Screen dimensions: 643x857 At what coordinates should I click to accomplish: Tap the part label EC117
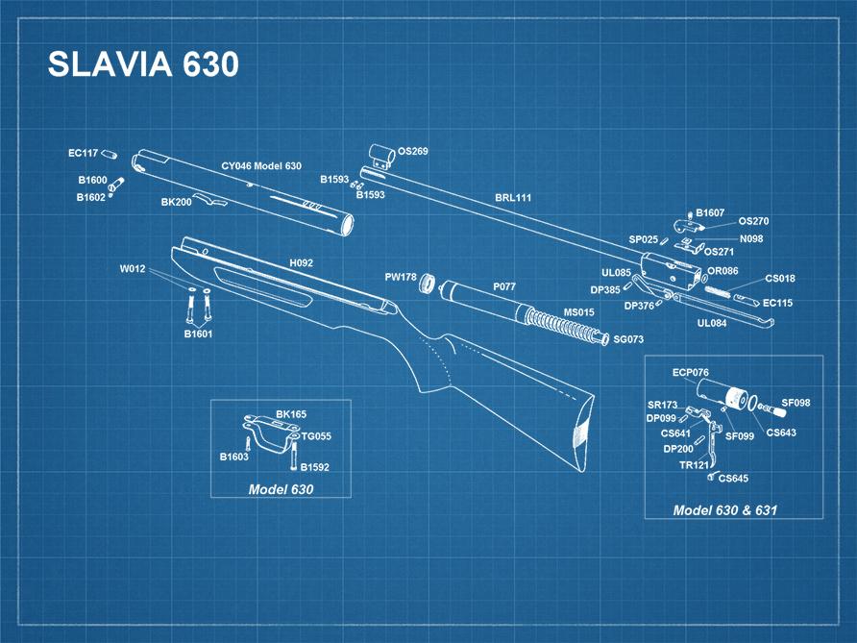click(83, 153)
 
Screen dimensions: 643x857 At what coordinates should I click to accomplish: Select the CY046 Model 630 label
click(261, 166)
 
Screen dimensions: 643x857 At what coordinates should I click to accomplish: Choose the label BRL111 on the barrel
click(513, 197)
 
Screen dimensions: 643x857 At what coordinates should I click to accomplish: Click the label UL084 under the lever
click(712, 324)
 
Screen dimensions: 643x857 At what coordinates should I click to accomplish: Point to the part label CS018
click(779, 279)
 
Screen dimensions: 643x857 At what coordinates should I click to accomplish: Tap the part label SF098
click(796, 403)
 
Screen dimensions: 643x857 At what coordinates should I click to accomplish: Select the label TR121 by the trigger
click(693, 465)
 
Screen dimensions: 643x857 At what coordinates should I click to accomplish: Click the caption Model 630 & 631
click(724, 510)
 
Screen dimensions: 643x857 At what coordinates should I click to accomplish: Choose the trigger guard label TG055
click(316, 436)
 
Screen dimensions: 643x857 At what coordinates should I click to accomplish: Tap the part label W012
click(133, 269)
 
